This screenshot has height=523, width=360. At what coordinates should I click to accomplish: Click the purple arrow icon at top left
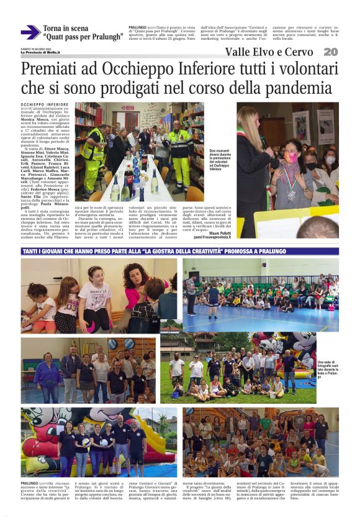tap(30, 32)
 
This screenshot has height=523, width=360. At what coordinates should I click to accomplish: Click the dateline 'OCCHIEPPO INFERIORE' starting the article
tap(45, 105)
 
